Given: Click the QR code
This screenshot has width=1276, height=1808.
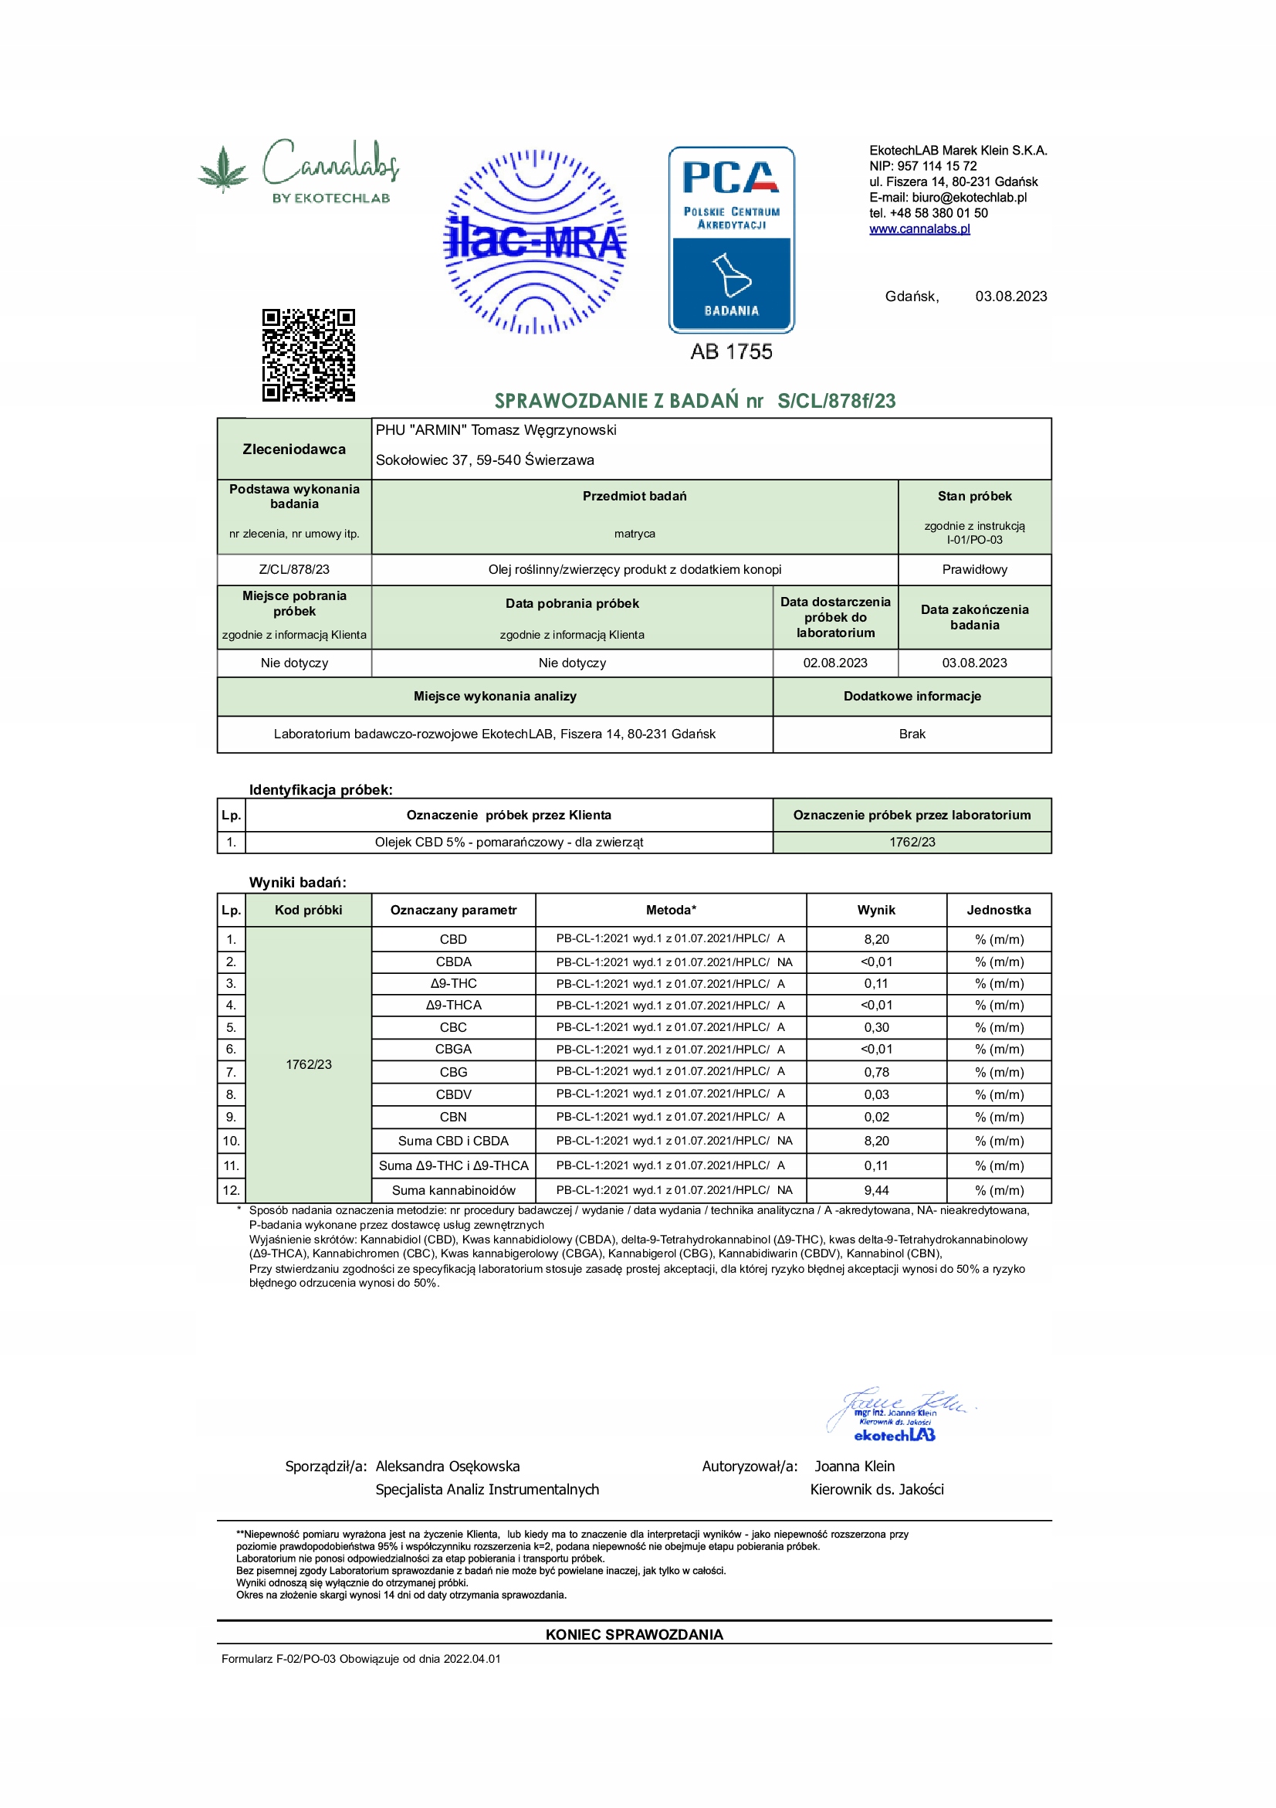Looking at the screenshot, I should [309, 355].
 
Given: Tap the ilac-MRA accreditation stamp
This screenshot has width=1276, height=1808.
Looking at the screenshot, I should [535, 242].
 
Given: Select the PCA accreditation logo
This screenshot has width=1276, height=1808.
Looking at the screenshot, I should [731, 239].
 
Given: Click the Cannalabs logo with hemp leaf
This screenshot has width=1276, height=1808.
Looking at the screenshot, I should [300, 170].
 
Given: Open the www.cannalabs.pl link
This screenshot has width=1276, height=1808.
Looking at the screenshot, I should [919, 229].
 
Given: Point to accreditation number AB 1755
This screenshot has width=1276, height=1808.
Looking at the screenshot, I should [731, 352].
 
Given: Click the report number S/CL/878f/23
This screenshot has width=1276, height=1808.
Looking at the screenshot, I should [836, 401].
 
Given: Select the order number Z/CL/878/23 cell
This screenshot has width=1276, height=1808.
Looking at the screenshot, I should [294, 569].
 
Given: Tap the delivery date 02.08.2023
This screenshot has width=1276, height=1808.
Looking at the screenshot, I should [835, 663].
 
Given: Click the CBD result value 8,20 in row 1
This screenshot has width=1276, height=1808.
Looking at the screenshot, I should [876, 939].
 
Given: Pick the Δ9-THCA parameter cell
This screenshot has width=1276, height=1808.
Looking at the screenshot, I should [453, 1006].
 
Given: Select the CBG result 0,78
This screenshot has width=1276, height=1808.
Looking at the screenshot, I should [876, 1073].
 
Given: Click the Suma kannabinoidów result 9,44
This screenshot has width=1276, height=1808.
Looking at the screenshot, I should [876, 1191].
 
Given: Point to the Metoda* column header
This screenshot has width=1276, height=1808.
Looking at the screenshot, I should [671, 911].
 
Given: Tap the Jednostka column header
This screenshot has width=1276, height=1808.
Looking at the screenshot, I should [998, 911].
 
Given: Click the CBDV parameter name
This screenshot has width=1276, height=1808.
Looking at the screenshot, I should [453, 1094].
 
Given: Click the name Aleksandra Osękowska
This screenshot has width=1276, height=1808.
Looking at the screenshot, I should [447, 1466].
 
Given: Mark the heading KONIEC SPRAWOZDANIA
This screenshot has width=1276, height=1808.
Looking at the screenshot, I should [634, 1635].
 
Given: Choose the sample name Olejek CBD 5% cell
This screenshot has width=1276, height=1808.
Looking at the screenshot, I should [509, 843].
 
